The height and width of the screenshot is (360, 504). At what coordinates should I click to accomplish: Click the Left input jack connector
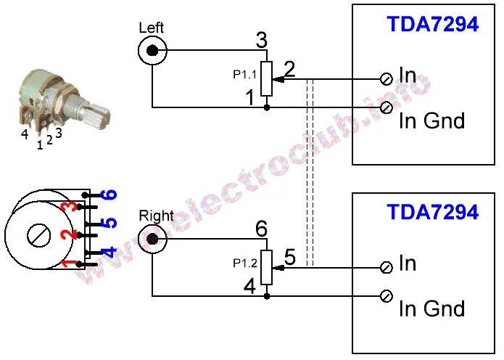(152, 51)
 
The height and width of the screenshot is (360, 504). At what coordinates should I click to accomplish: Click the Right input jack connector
(152, 239)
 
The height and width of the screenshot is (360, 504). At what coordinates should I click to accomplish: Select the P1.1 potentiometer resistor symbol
(267, 78)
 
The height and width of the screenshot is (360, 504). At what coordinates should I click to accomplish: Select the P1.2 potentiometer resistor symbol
(267, 267)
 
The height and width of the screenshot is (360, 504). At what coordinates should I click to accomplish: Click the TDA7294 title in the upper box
(432, 25)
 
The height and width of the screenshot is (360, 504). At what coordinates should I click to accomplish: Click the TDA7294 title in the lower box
(432, 213)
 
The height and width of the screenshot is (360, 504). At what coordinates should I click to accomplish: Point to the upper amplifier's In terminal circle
(387, 78)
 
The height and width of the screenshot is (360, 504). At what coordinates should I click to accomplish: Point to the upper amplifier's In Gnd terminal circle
(387, 108)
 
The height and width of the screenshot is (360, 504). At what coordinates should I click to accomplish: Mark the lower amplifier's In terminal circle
(387, 266)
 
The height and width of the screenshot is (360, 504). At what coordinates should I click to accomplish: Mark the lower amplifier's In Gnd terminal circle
(387, 296)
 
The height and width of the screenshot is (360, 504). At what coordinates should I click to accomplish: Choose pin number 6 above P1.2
(262, 229)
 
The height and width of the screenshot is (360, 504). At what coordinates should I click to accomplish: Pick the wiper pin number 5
(289, 257)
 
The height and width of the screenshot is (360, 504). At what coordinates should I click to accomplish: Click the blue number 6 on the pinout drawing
(108, 195)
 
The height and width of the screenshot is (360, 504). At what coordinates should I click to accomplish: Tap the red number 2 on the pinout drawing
(67, 235)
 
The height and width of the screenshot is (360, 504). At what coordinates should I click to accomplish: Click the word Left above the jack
(151, 28)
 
